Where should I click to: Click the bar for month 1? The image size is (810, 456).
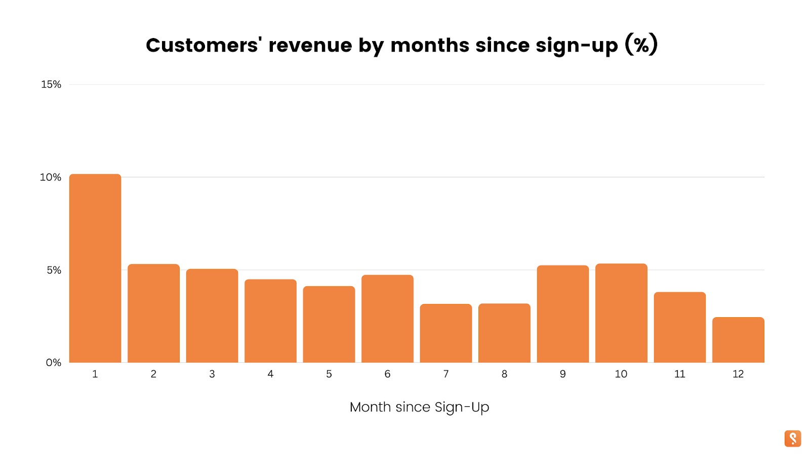(x=95, y=269)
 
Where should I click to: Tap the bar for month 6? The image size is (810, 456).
(x=387, y=319)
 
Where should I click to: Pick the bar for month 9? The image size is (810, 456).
(x=563, y=314)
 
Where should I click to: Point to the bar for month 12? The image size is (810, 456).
(x=738, y=340)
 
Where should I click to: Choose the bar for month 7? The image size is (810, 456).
(x=446, y=333)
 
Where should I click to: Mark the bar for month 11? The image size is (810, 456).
(x=680, y=327)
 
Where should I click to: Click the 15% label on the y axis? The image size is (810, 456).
(x=51, y=85)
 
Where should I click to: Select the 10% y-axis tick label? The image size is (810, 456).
(x=51, y=177)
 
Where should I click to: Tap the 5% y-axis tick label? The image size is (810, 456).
(x=54, y=270)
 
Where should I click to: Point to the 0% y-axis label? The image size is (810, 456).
(x=54, y=363)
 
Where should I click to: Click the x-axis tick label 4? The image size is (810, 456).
(x=270, y=374)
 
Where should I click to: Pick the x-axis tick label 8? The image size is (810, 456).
(x=504, y=374)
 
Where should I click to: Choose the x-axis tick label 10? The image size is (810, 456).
(x=621, y=374)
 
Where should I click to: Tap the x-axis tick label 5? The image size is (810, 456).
(x=329, y=374)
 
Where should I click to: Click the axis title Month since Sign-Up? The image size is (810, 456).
(x=419, y=407)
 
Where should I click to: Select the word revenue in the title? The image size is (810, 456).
(x=310, y=45)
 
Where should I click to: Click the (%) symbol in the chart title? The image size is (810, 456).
(x=641, y=45)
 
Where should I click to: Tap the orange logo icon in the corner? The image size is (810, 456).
(x=793, y=439)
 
